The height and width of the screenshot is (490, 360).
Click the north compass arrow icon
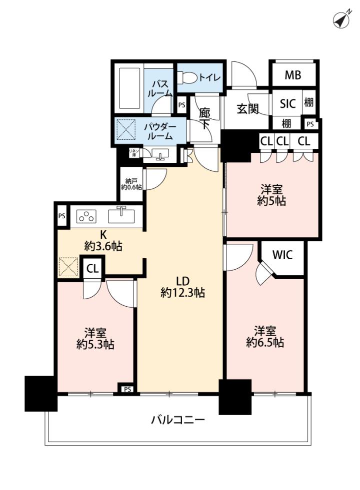[x=341, y=19]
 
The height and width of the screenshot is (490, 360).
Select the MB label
[x=293, y=75]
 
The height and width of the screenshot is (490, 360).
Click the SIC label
[x=287, y=103]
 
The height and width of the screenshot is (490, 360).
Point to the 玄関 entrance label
[x=247, y=109]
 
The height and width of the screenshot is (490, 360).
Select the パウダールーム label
[x=160, y=131]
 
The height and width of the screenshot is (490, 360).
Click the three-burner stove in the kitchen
[x=86, y=216]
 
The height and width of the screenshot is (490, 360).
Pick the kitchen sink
[x=121, y=216]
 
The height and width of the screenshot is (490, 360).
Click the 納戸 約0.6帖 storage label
[x=131, y=184]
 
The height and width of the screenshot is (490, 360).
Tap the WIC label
[x=282, y=255]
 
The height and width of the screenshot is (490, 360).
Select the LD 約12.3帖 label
[x=182, y=287]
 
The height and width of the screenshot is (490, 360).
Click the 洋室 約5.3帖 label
[x=95, y=338]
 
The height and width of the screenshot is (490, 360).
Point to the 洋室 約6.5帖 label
[x=265, y=336]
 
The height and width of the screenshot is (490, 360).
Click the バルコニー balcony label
[x=178, y=420]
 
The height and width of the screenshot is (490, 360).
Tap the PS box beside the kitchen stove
[x=62, y=216]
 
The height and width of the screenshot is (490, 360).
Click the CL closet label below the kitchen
[x=92, y=269]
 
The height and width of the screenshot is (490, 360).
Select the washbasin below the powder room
[x=160, y=154]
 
